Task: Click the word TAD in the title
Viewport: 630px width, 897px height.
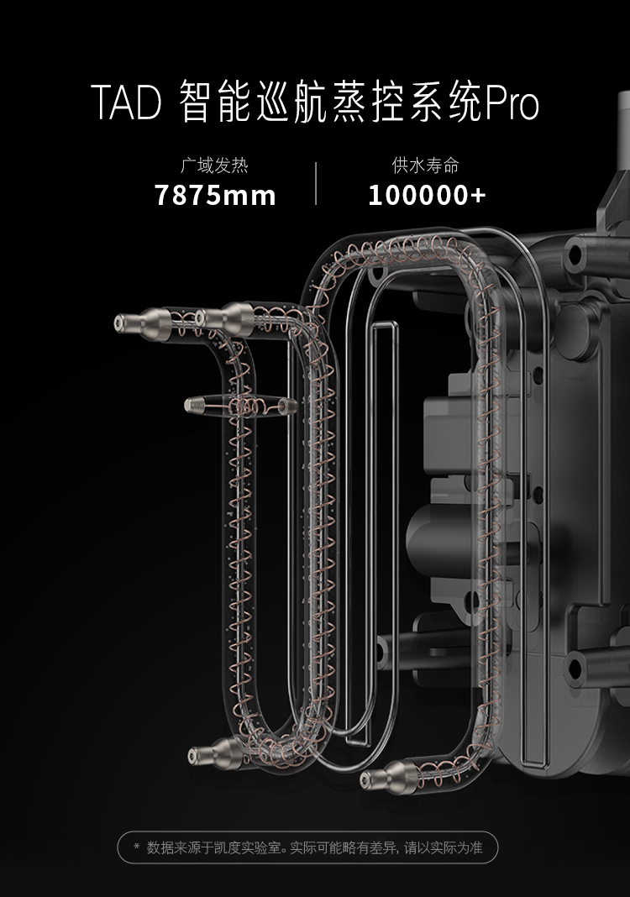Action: [125, 105]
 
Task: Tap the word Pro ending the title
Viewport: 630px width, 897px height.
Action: [512, 105]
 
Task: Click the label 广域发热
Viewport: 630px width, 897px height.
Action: [215, 165]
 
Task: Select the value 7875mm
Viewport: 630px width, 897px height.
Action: [215, 196]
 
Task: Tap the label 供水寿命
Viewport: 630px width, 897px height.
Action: [427, 165]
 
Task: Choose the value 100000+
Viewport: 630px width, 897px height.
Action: [427, 196]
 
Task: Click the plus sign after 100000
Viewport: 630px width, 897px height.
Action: [478, 196]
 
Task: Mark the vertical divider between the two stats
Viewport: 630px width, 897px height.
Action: [316, 183]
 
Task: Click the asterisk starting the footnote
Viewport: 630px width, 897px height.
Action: [137, 847]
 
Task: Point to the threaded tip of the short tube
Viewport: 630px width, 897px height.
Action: [193, 405]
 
